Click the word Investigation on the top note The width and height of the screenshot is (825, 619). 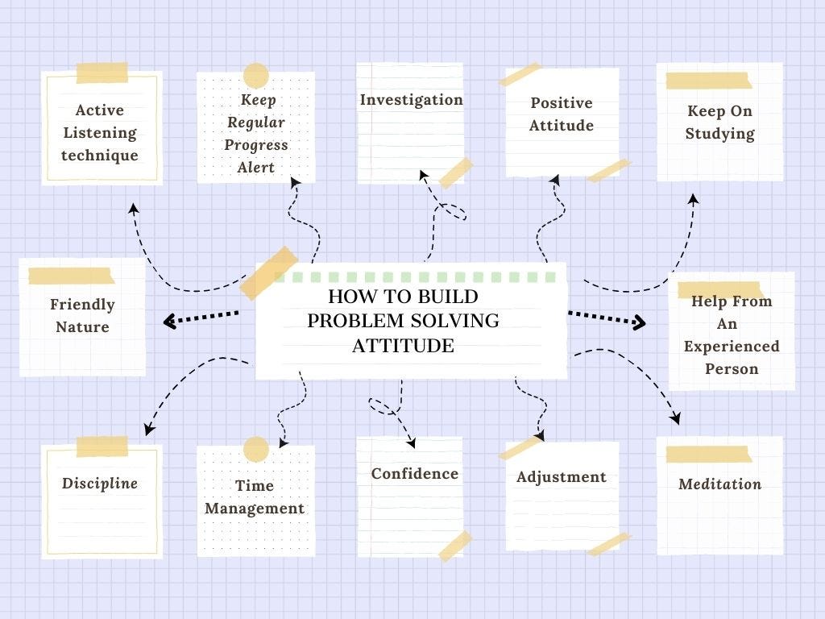(x=411, y=100)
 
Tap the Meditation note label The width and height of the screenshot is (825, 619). (x=719, y=484)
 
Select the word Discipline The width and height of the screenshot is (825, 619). (x=100, y=484)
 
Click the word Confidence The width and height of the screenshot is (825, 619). (x=414, y=474)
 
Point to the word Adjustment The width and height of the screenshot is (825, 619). (x=561, y=476)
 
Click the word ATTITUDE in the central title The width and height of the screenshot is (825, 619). (x=403, y=346)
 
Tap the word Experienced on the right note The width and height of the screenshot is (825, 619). (x=732, y=347)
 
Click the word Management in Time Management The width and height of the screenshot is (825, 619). (x=255, y=509)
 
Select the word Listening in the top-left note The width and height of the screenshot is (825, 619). (x=100, y=133)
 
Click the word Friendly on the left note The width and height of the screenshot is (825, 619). (x=82, y=305)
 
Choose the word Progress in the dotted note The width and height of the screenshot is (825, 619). (x=256, y=145)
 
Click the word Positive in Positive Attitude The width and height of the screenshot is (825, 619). (x=561, y=103)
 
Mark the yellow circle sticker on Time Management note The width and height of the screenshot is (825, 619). (x=255, y=449)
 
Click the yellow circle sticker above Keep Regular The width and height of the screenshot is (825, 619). (x=255, y=75)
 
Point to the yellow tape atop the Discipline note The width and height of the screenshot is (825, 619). (x=102, y=447)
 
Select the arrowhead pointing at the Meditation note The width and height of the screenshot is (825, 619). (x=675, y=418)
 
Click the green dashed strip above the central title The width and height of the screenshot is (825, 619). (x=415, y=277)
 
